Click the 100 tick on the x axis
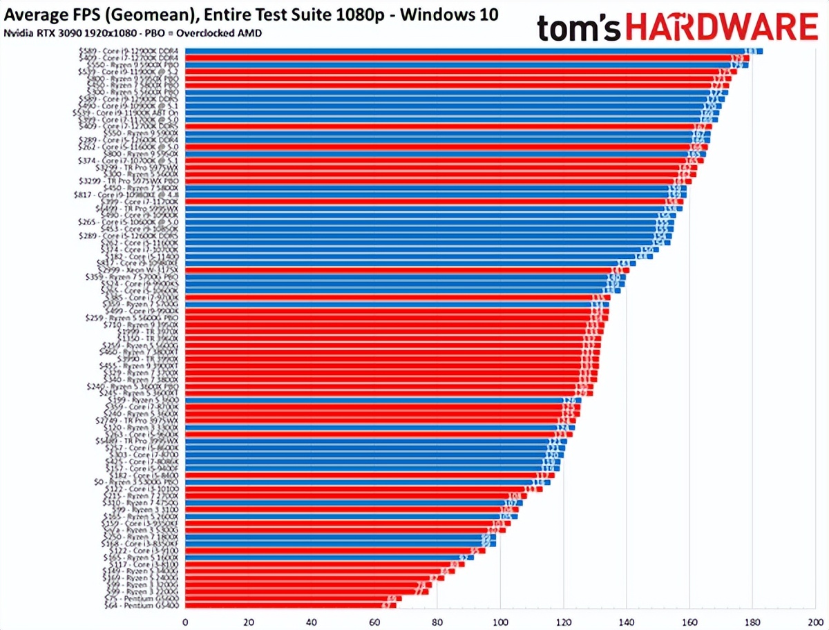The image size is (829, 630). tap(501, 620)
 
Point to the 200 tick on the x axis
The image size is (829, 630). tap(815, 620)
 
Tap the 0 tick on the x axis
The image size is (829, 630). tap(185, 620)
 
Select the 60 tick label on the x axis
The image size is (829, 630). tap(374, 620)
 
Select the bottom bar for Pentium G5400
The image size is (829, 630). tap(290, 606)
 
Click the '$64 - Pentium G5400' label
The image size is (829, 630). tap(141, 606)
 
